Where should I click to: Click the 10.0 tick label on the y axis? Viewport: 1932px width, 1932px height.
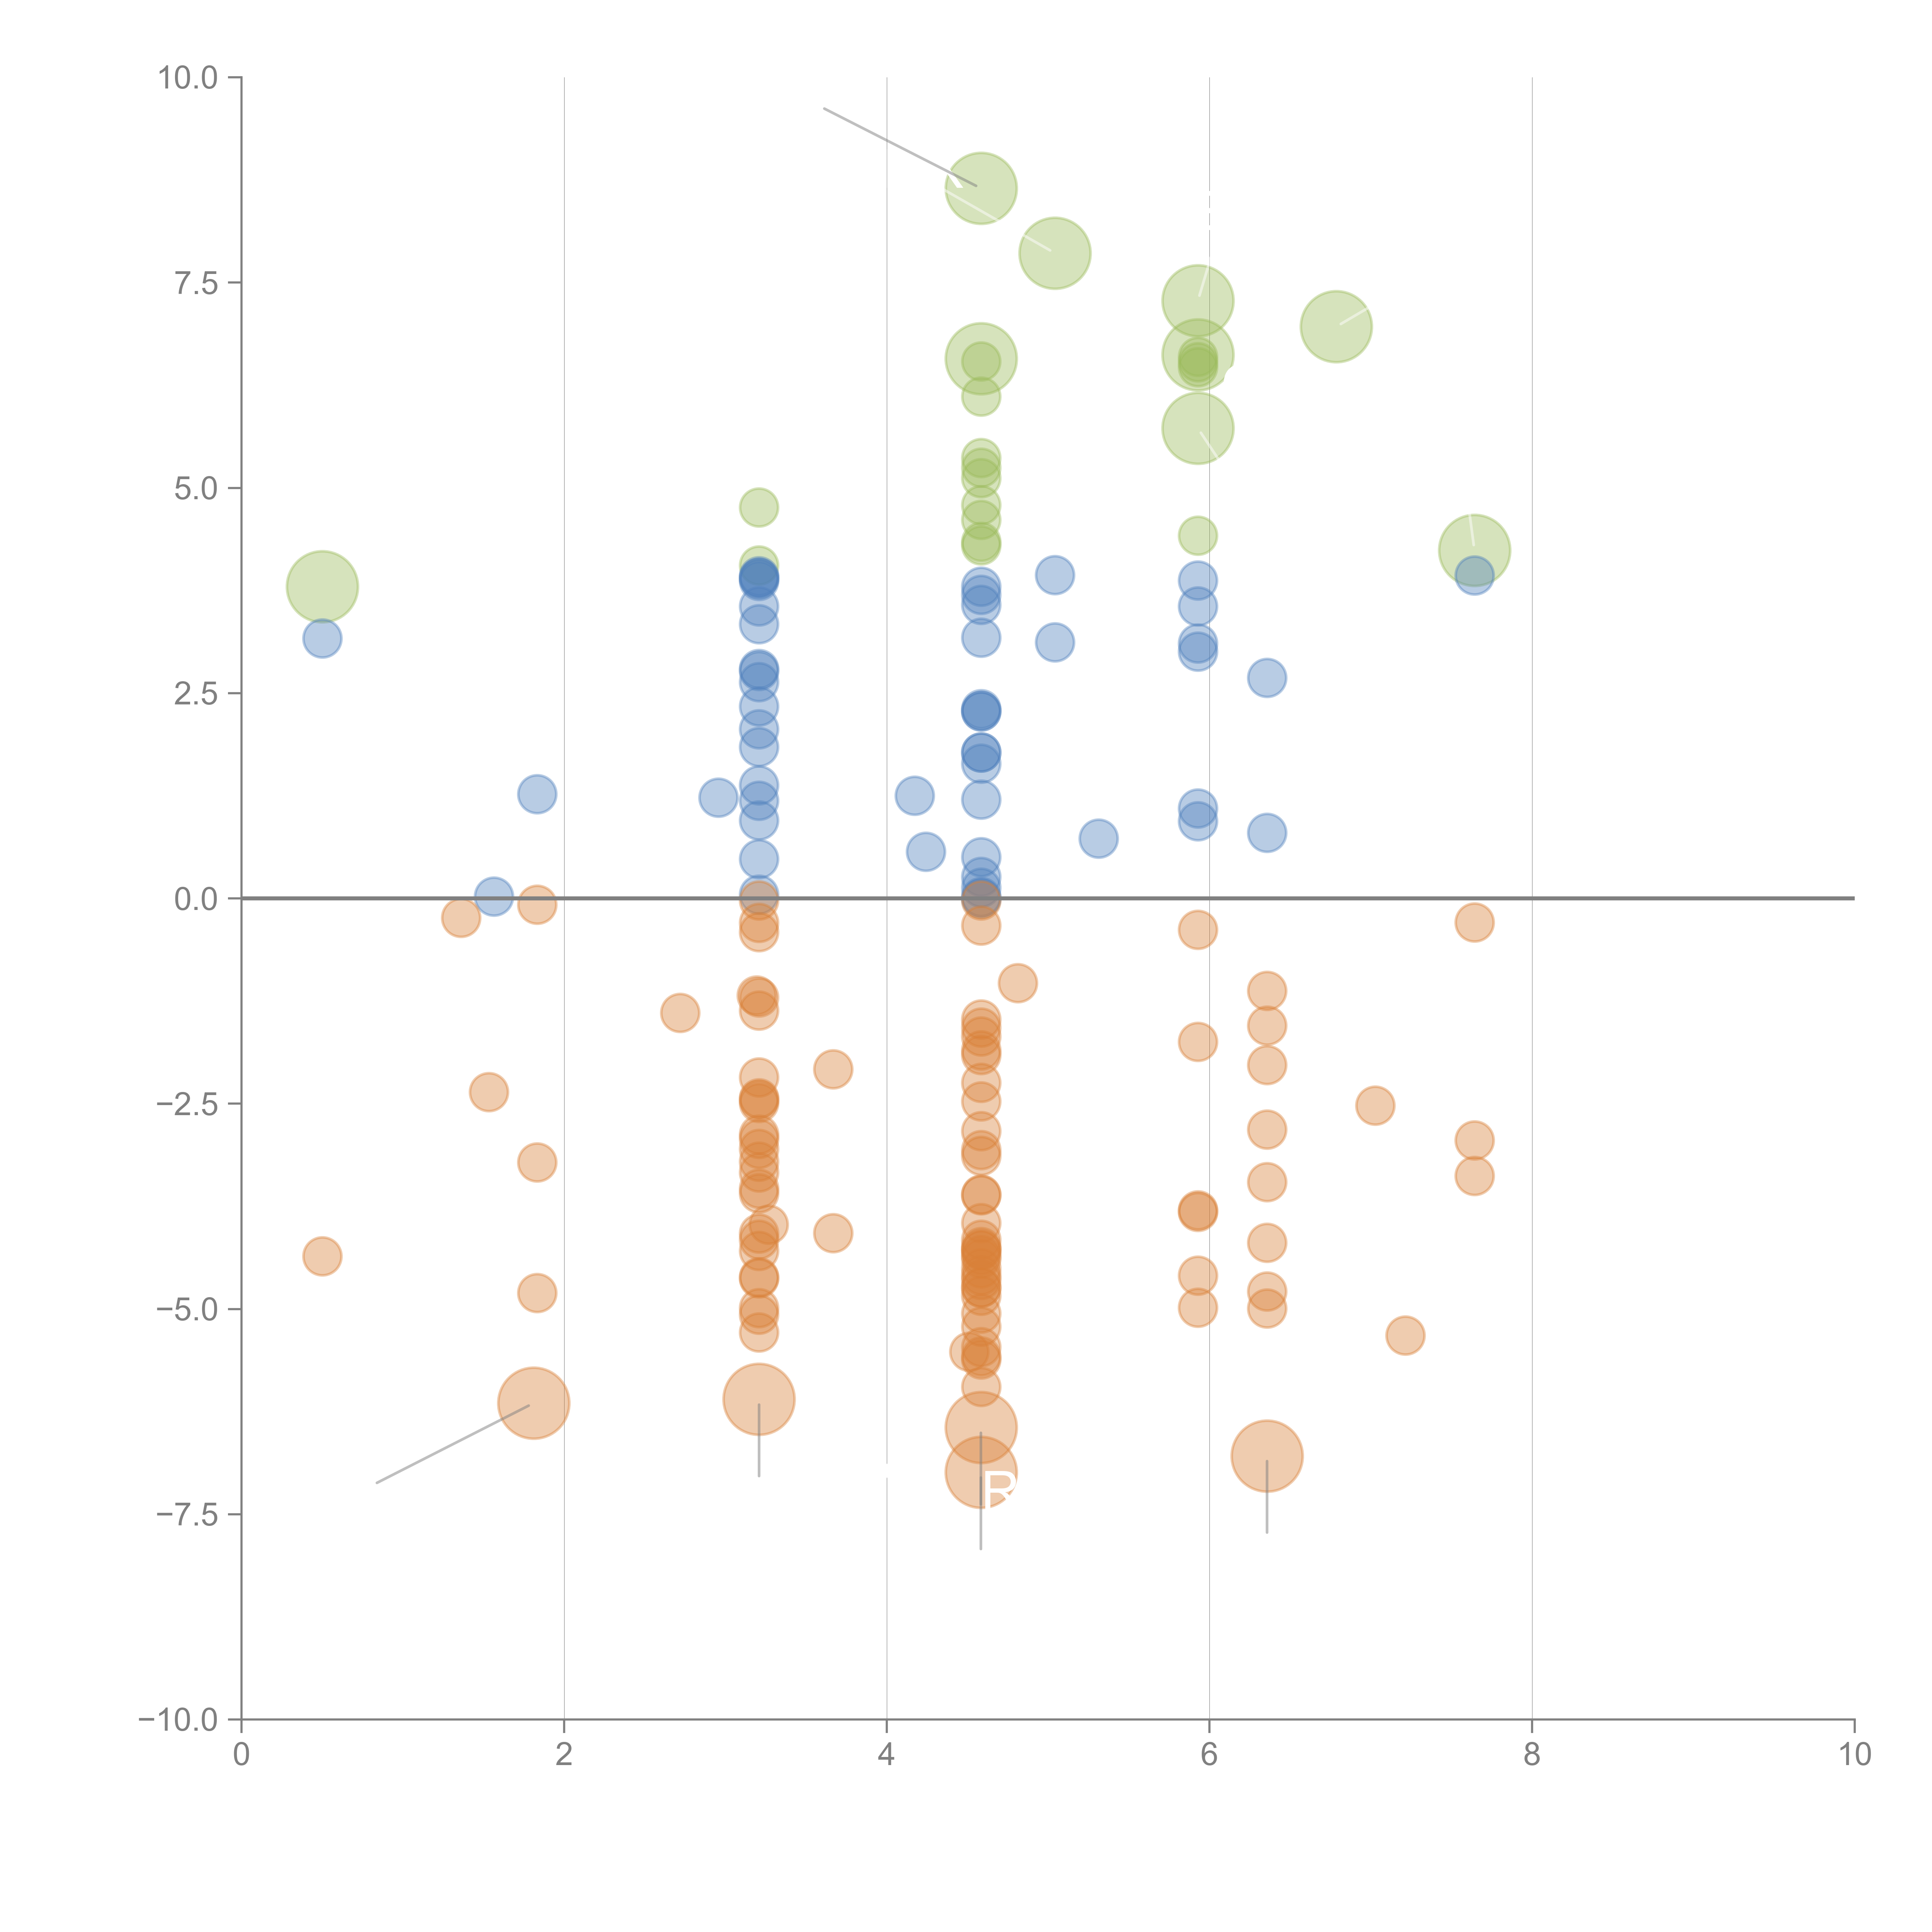[x=188, y=78]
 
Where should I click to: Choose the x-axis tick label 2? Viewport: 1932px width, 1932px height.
[x=564, y=1755]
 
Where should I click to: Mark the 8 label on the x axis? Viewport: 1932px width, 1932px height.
[x=1532, y=1755]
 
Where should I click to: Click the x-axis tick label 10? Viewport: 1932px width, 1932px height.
[x=1854, y=1755]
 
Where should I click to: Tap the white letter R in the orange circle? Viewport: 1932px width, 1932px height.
[x=999, y=1490]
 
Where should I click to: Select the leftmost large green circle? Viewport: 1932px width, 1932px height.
[x=322, y=586]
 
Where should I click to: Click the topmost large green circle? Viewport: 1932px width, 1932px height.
[x=981, y=188]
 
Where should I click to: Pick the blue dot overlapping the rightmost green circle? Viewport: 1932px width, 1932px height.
[x=1474, y=575]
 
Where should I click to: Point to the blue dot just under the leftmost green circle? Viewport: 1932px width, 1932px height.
[x=322, y=638]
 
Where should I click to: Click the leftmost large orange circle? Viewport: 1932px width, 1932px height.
[x=534, y=1402]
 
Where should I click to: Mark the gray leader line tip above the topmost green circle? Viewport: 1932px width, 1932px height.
[x=824, y=108]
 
